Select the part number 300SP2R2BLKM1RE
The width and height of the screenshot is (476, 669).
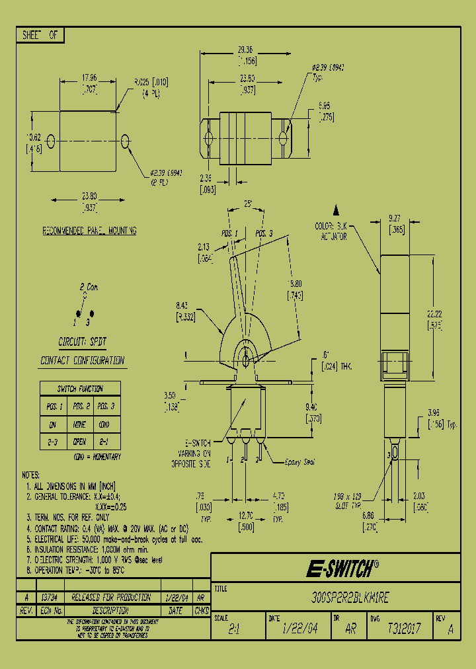pos(353,598)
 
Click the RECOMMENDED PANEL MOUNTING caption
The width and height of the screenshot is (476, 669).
pos(90,231)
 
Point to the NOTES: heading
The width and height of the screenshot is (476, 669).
pos(30,475)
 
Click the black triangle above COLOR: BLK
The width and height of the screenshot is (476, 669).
pos(336,210)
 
